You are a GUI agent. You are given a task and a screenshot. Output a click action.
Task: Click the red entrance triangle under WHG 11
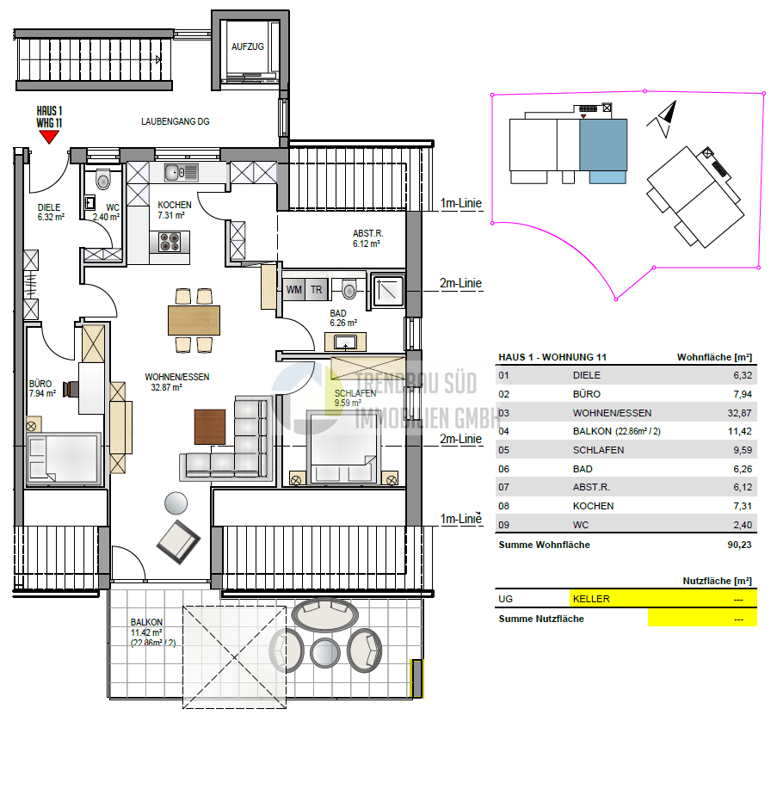click(49, 135)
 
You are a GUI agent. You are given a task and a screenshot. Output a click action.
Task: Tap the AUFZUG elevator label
click(248, 46)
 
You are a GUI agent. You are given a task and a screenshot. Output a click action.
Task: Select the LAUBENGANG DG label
click(175, 122)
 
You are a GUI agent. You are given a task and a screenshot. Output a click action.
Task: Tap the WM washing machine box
click(294, 290)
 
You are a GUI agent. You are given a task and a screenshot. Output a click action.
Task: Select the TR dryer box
click(317, 290)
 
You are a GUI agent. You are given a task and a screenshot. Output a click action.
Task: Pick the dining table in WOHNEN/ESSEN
click(194, 320)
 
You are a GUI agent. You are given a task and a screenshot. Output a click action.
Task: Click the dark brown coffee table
click(210, 427)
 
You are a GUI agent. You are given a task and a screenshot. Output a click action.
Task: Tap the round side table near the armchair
click(176, 502)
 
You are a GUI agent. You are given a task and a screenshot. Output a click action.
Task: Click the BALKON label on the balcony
click(146, 622)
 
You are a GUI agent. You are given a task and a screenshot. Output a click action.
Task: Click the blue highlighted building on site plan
click(603, 146)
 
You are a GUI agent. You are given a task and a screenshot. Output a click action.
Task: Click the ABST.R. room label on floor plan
click(366, 233)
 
